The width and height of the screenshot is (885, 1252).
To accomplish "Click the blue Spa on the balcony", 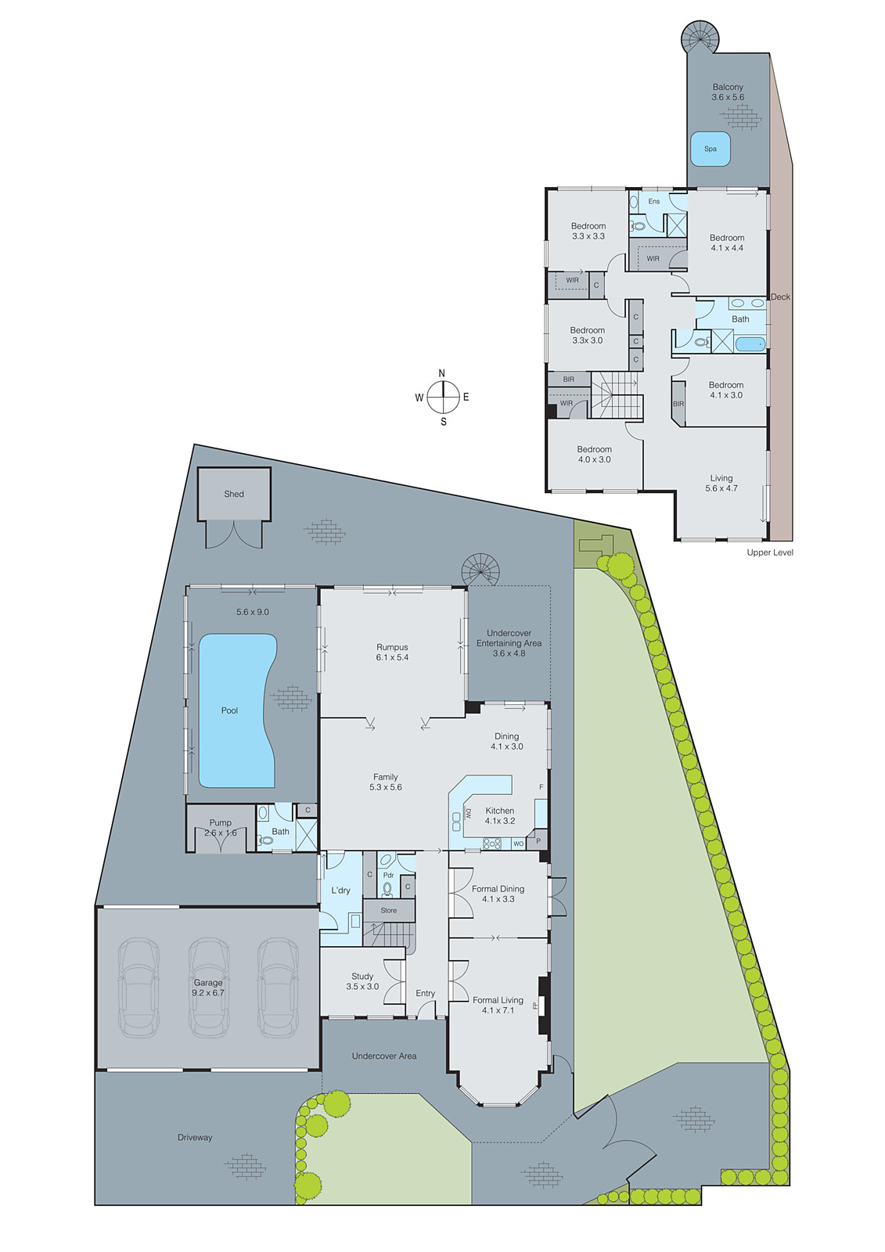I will pyautogui.click(x=710, y=149).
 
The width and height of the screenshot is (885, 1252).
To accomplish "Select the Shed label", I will pyautogui.click(x=234, y=494).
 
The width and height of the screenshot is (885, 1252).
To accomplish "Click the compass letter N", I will pyautogui.click(x=441, y=373).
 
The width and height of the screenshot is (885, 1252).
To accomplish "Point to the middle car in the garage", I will pyautogui.click(x=208, y=988).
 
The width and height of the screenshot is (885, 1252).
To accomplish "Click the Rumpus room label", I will pyautogui.click(x=392, y=648).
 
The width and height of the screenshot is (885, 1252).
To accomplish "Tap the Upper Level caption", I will pyautogui.click(x=769, y=552).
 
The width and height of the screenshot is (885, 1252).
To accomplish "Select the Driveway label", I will pyautogui.click(x=195, y=1138).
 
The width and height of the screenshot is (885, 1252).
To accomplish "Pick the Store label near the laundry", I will pyautogui.click(x=389, y=910).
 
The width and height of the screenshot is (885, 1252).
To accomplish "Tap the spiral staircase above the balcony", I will pyautogui.click(x=699, y=37).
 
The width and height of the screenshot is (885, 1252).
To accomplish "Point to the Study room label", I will pyautogui.click(x=362, y=977).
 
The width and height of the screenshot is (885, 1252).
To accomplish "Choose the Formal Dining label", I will pyautogui.click(x=498, y=889).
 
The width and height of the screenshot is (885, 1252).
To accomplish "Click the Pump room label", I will pyautogui.click(x=221, y=823).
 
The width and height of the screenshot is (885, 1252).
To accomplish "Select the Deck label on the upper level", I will pyautogui.click(x=780, y=297).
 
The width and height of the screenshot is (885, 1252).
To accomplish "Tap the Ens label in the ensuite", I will pyautogui.click(x=654, y=201).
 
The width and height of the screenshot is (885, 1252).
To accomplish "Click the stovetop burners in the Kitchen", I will pyautogui.click(x=492, y=844).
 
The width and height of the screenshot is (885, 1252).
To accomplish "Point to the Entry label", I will pyautogui.click(x=425, y=994).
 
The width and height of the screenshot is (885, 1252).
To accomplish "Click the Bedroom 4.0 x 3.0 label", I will pyautogui.click(x=594, y=450).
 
